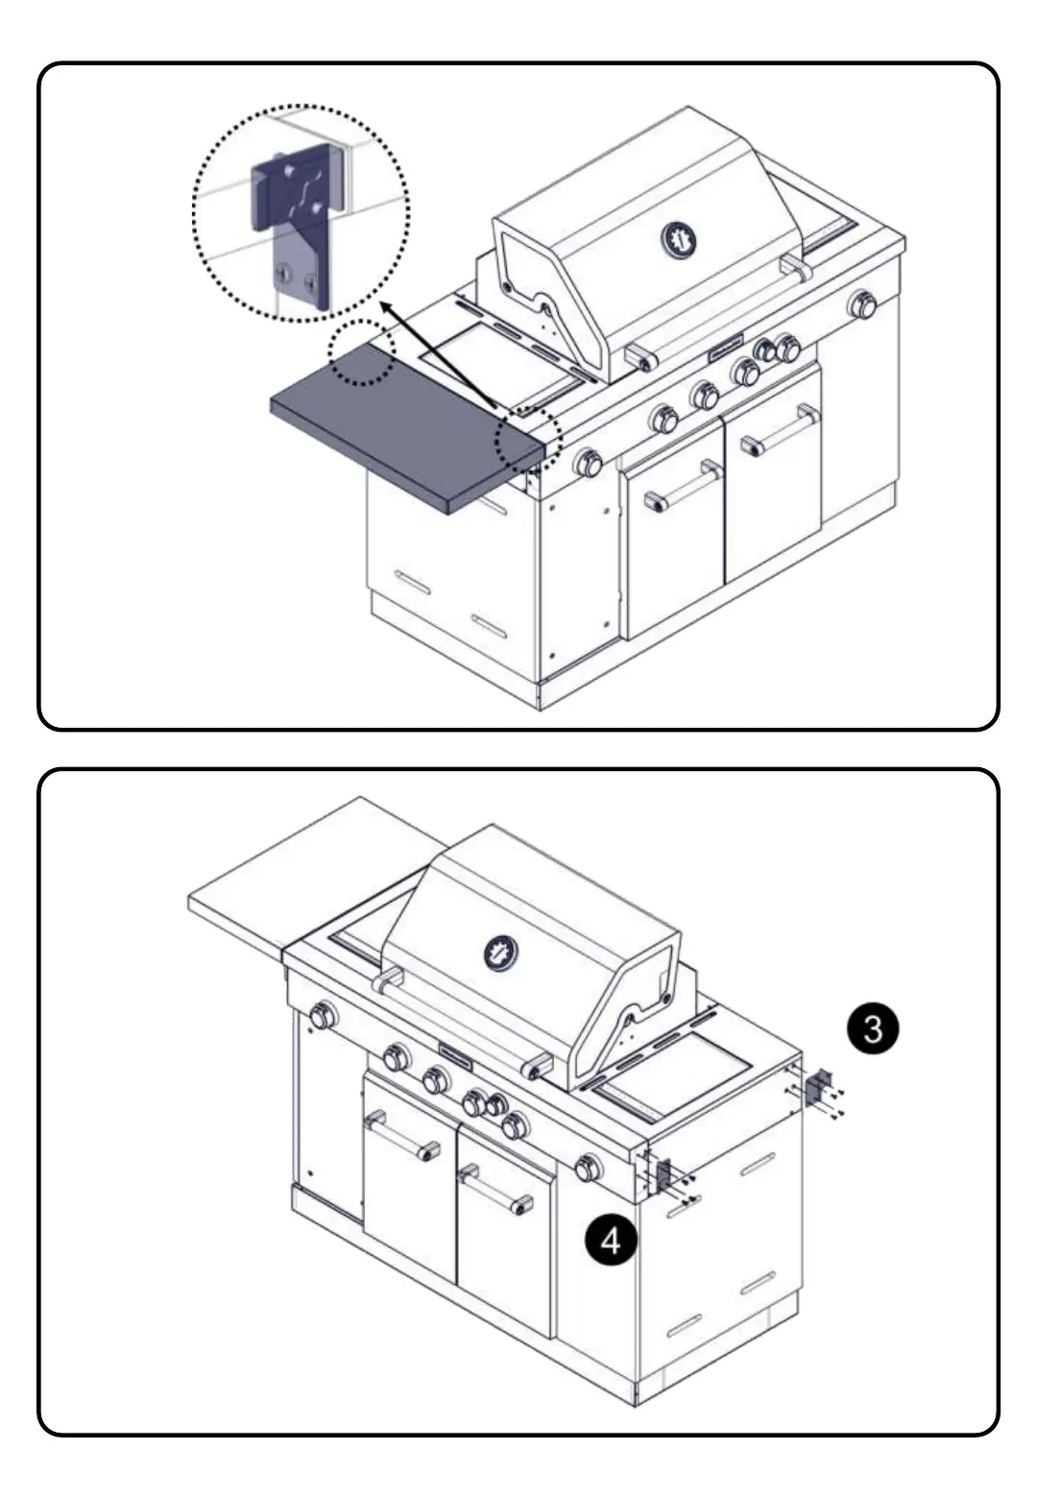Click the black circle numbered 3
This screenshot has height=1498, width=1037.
872,1029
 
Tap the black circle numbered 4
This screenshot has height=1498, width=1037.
611,1242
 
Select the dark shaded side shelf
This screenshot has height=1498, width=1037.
403,437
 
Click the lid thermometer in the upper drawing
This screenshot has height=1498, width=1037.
679,240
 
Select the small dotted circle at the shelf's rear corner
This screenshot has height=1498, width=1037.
361,352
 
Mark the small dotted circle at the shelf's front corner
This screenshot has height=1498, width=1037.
527,441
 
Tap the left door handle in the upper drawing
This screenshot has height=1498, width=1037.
684,487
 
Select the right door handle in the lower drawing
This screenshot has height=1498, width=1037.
494,1189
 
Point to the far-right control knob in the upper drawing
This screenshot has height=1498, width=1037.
862,305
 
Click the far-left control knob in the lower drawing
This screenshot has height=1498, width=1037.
323,1015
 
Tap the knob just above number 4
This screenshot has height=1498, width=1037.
588,1168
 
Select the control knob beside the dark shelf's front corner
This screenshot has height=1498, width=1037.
587,464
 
